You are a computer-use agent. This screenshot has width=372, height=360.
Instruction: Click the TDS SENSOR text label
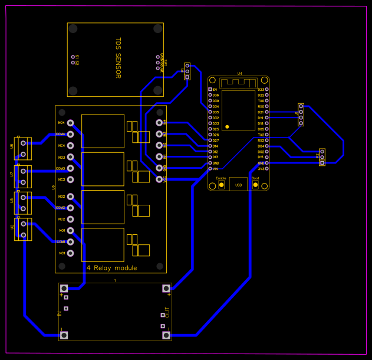(x=118, y=59)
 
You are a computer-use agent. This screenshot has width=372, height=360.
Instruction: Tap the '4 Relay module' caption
(x=111, y=268)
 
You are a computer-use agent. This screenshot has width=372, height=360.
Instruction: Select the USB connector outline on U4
(x=238, y=184)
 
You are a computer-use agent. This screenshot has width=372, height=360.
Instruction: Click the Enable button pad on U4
(x=221, y=185)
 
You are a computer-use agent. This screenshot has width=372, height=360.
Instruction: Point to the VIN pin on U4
(x=210, y=169)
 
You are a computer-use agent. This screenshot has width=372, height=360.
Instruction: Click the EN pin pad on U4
(x=210, y=89)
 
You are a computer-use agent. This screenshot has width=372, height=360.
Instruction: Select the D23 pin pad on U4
(x=267, y=89)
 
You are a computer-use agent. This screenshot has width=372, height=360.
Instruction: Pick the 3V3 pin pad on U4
(x=267, y=169)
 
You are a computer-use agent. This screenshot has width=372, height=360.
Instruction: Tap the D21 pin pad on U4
(x=267, y=112)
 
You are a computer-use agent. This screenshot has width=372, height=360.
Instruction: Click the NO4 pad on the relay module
(x=71, y=123)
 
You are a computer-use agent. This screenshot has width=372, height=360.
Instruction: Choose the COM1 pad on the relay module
(x=71, y=242)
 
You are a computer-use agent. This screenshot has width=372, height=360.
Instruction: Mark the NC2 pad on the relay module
(x=71, y=219)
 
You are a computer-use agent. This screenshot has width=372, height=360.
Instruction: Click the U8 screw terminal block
(x=23, y=148)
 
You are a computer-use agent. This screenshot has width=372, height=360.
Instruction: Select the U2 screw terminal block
(x=23, y=230)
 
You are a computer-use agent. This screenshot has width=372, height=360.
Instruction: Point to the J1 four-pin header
(x=301, y=115)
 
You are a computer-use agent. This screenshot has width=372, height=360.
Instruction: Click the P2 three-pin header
(x=322, y=156)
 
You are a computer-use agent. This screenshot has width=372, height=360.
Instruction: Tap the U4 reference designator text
(x=239, y=74)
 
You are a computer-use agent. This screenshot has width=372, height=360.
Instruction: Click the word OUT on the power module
(x=167, y=313)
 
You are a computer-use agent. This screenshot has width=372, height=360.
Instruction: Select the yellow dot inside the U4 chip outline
(x=228, y=127)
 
